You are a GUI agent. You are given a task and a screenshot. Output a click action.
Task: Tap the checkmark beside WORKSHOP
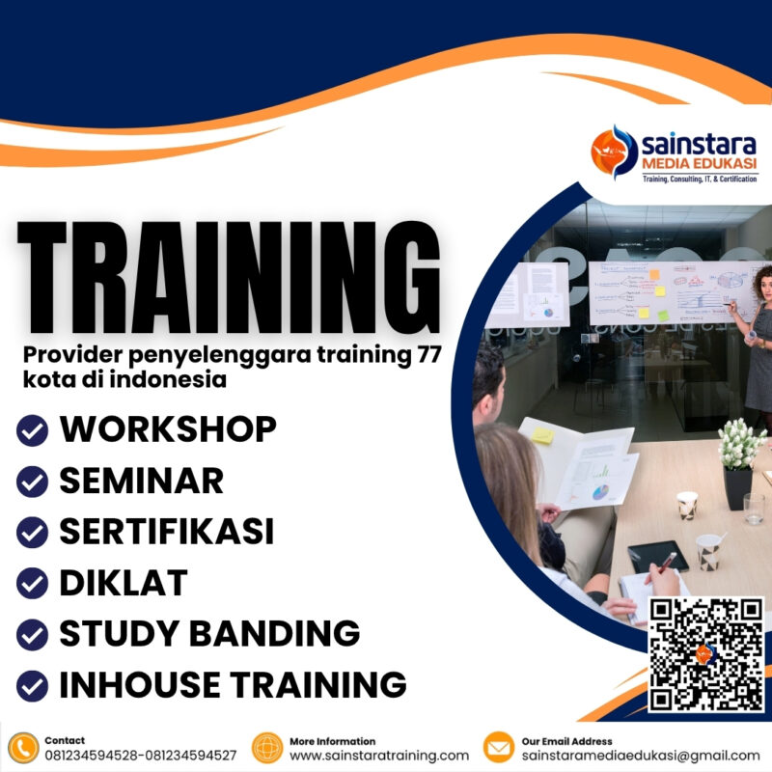(33, 430)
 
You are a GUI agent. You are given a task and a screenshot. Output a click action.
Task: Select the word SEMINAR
(141, 481)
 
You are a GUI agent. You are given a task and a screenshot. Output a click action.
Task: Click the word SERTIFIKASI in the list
(167, 532)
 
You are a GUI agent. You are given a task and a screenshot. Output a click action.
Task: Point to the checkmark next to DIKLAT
(33, 584)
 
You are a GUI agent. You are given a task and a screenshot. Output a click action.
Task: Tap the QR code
(705, 654)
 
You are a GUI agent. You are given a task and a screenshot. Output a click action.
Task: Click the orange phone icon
(22, 748)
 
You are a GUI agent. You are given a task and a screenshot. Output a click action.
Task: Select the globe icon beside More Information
(267, 748)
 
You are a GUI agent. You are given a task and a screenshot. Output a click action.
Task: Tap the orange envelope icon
(499, 748)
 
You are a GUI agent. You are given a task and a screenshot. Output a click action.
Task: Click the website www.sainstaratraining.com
(379, 756)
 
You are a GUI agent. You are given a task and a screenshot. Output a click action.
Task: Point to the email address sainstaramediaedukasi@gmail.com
(641, 756)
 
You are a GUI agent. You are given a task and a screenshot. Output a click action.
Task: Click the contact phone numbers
(140, 756)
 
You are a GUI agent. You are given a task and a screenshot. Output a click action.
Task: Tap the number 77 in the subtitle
(422, 355)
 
